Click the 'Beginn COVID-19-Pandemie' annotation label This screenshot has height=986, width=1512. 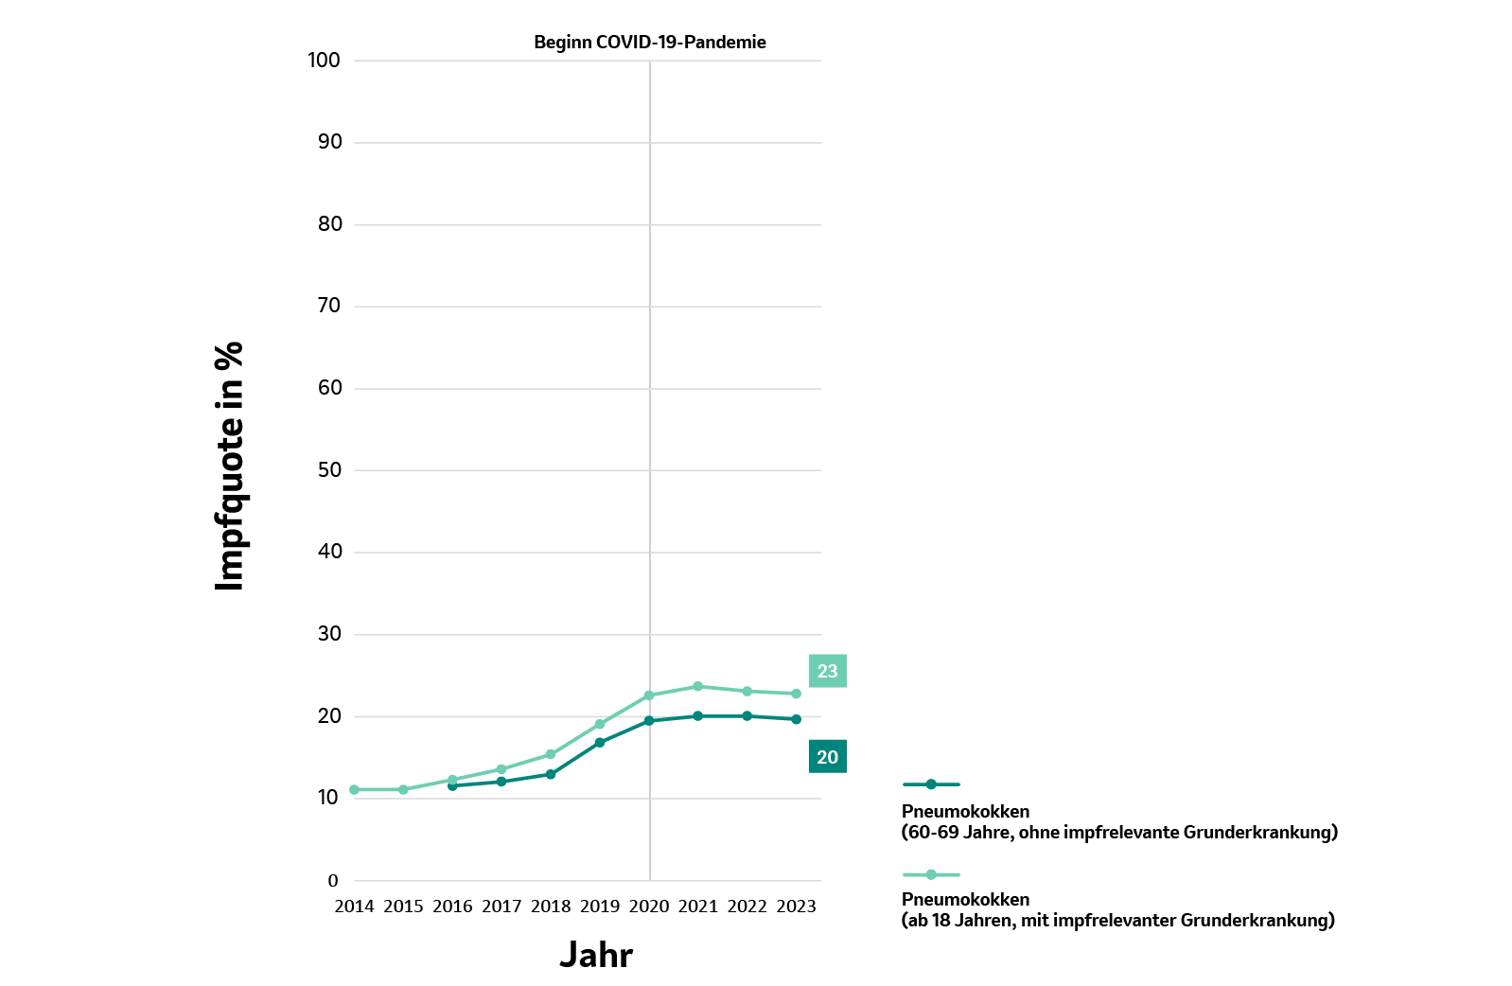coord(649,43)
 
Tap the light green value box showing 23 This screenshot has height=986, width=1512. coord(827,671)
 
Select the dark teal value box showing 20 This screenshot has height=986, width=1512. coord(827,757)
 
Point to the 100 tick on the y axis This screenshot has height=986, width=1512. coord(324,61)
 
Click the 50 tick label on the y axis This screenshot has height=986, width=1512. coord(329,470)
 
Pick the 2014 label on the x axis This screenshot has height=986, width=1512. coord(354,907)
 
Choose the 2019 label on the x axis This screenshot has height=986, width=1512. coord(600,907)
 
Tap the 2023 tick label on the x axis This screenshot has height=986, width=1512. coord(796,907)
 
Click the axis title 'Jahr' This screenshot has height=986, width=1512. coord(595,955)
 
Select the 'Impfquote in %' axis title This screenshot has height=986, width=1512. coord(230,467)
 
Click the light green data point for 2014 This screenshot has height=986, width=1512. coord(354,789)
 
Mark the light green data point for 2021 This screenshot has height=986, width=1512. coord(697,686)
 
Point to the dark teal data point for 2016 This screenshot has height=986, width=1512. coord(452,786)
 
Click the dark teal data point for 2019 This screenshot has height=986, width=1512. coord(600,743)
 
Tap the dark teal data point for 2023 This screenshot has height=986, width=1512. coord(796,719)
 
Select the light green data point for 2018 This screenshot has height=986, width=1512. coord(551,754)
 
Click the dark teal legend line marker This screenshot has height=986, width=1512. coord(931,784)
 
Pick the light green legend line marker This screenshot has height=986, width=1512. coord(931,874)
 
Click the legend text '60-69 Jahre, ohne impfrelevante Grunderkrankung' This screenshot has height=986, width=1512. coord(1119,833)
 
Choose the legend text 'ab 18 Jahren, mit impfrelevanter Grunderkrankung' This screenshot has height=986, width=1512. coord(1117,921)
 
